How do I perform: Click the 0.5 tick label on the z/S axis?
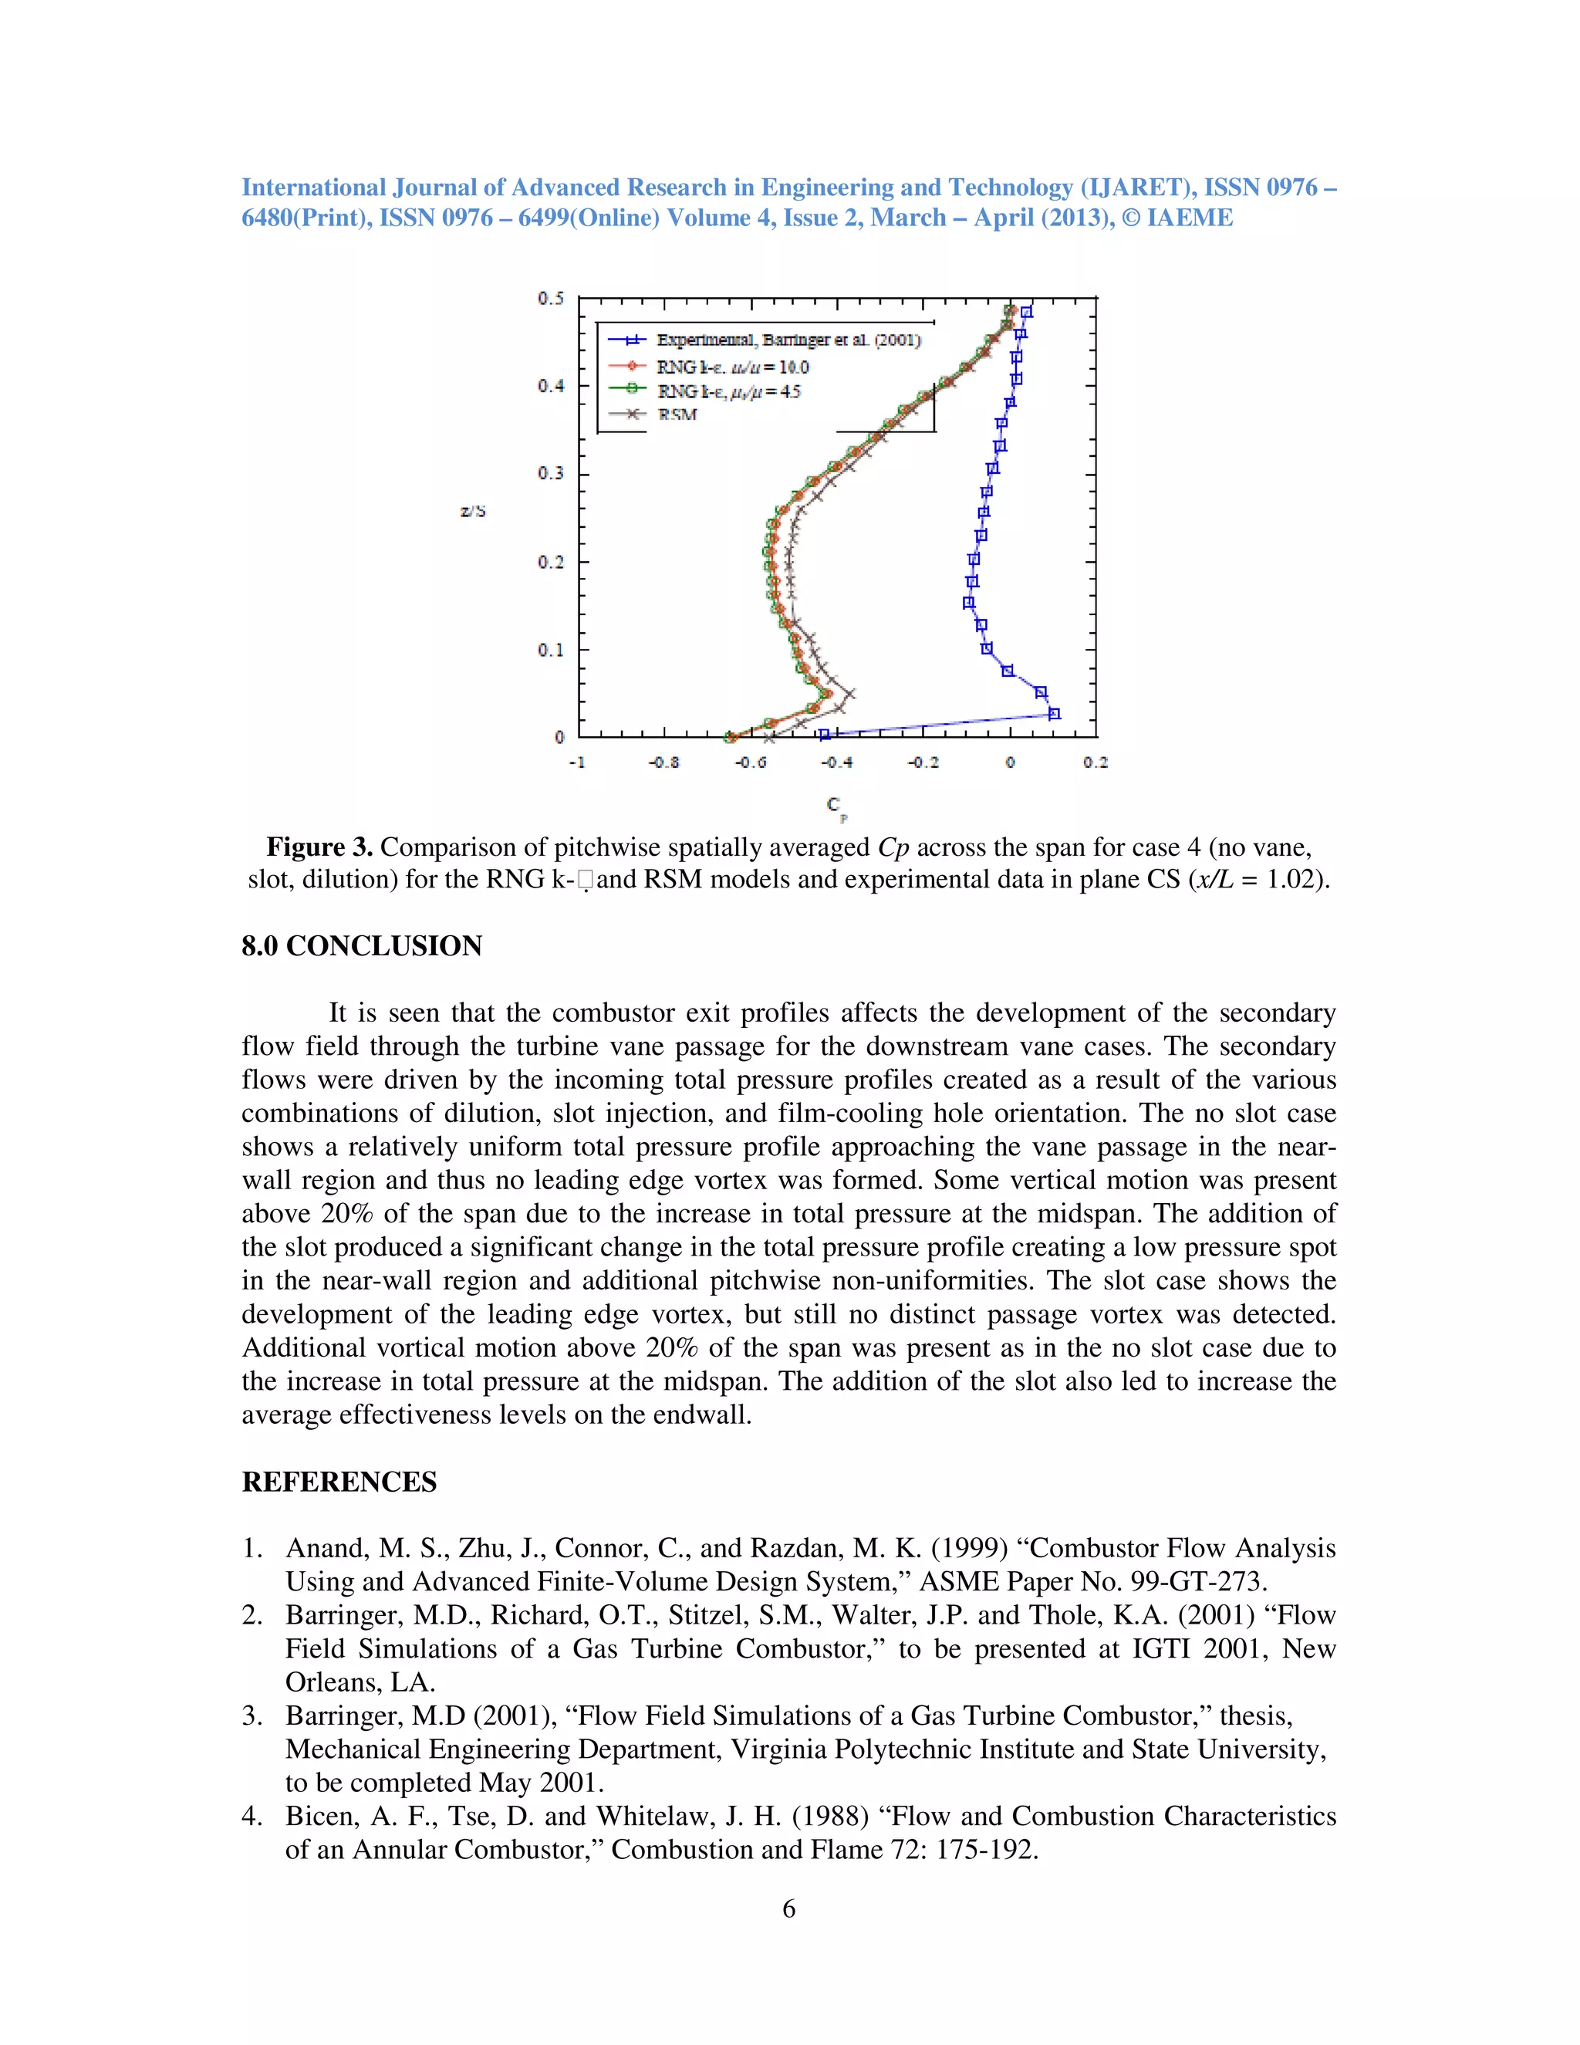[550, 299]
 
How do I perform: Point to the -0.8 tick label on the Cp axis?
[663, 762]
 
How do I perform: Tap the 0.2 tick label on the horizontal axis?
[1096, 762]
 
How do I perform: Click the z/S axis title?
[473, 511]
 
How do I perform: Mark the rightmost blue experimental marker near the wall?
[1054, 714]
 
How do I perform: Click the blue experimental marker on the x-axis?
[824, 735]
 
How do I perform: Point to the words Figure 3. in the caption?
[319, 847]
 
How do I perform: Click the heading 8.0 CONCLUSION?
[361, 946]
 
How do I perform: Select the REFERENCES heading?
[339, 1482]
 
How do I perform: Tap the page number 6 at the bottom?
[788, 1908]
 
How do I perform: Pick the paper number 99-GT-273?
[1199, 1581]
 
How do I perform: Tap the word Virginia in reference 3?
[782, 1749]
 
